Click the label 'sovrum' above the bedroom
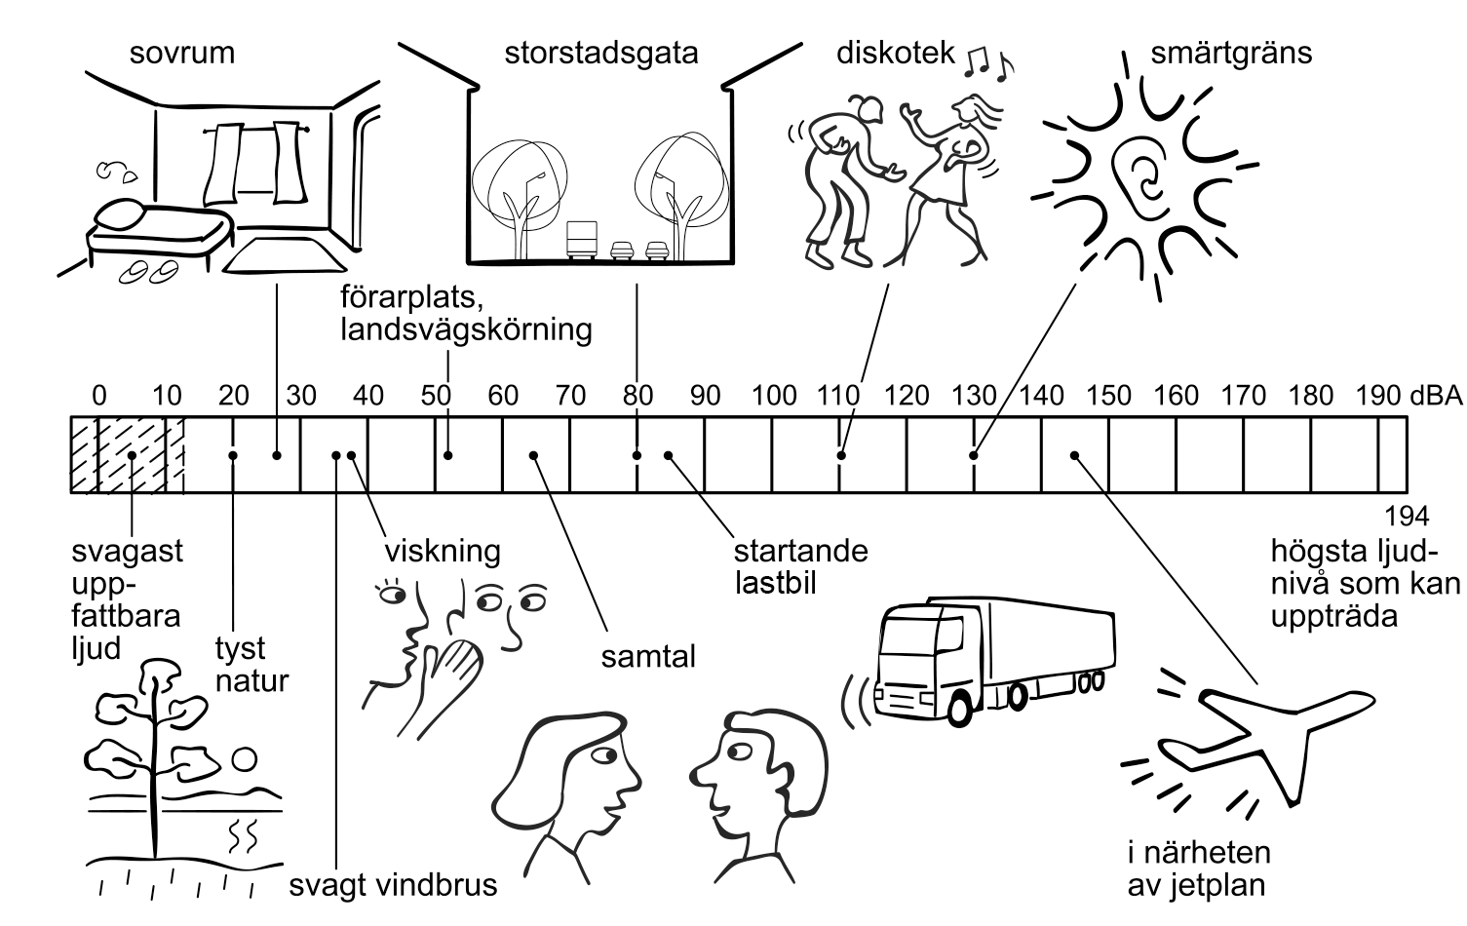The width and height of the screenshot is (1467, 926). [182, 53]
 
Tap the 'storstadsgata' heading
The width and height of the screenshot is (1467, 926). [600, 53]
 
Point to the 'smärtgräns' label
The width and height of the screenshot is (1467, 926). [1230, 53]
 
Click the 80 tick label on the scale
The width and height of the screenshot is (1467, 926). [637, 395]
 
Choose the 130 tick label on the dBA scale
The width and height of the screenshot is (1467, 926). [974, 395]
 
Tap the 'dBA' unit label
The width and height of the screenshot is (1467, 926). [1436, 395]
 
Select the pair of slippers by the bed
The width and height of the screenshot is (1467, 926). [148, 271]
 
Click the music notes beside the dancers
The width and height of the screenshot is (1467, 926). [988, 62]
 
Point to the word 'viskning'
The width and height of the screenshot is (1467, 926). [443, 551]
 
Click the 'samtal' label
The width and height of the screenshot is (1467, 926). [648, 657]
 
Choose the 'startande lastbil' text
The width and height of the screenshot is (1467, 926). [800, 567]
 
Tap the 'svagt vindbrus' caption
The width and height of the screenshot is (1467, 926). [393, 885]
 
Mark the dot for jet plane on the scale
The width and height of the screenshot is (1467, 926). [1075, 455]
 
